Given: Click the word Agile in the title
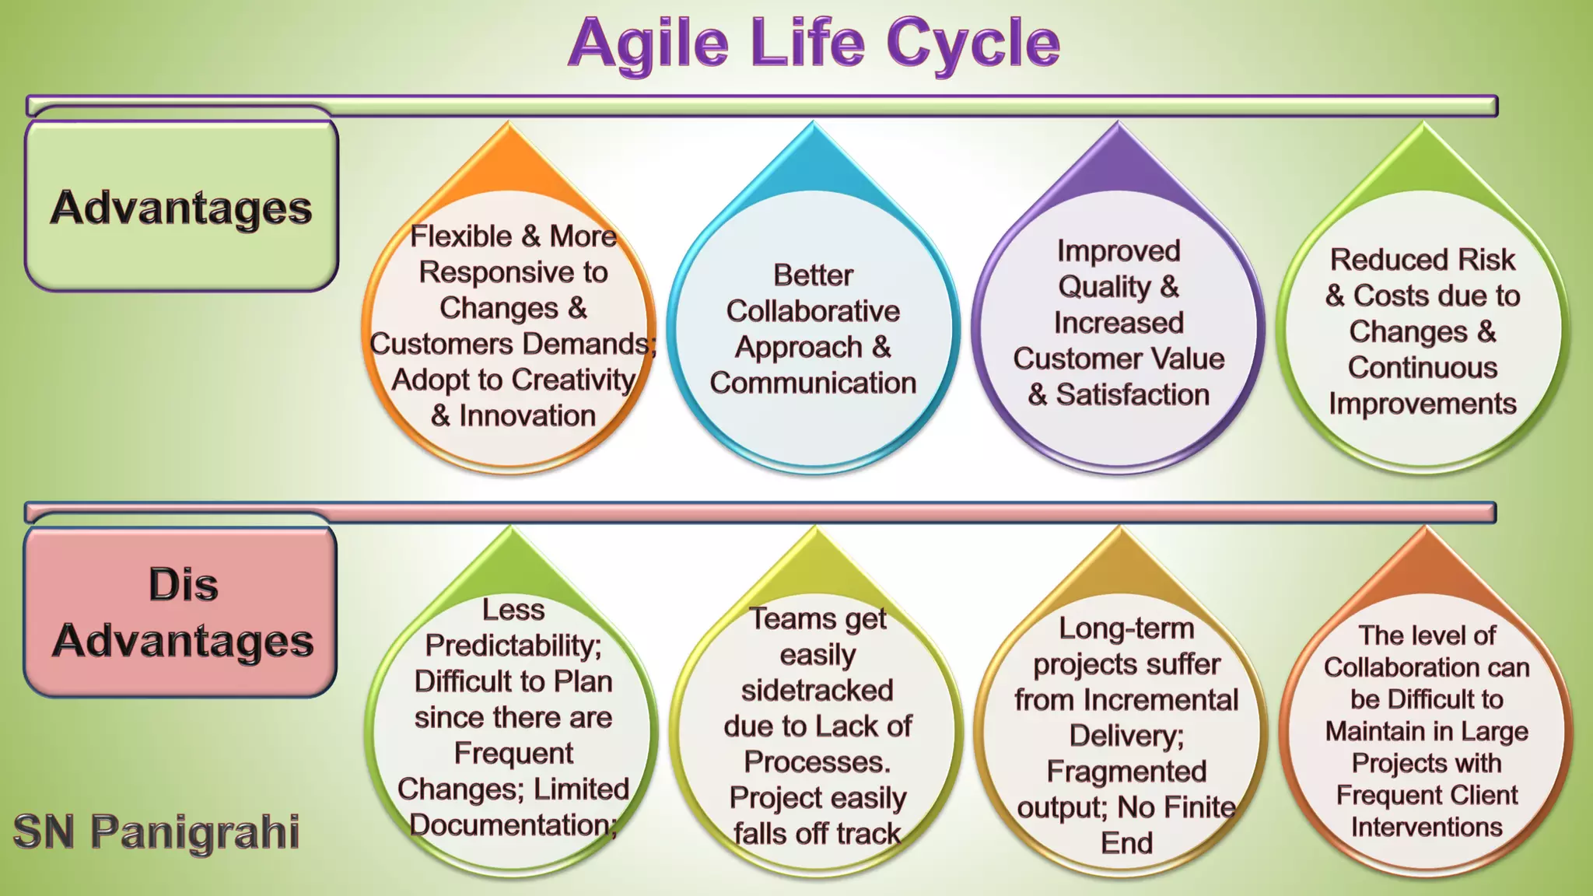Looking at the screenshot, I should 648,44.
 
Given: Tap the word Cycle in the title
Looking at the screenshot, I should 972,44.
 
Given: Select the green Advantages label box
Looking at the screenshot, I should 181,207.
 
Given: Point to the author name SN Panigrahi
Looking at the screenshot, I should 156,831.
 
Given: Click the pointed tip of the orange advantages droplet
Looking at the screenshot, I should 509,124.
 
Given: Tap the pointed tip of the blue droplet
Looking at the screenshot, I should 814,124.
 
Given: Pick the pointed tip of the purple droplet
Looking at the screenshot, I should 1119,124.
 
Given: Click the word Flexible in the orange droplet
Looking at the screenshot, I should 460,236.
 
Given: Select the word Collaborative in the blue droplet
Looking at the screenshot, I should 813,311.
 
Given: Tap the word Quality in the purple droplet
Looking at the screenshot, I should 1104,287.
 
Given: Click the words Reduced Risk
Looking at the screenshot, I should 1423,259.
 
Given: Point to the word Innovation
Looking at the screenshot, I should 527,415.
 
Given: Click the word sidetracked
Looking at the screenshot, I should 817,690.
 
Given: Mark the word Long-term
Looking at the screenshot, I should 1126,628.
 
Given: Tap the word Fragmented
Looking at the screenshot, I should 1126,772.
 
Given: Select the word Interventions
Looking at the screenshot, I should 1427,827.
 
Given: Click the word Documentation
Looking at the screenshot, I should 510,824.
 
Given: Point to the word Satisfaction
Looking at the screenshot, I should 1133,394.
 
